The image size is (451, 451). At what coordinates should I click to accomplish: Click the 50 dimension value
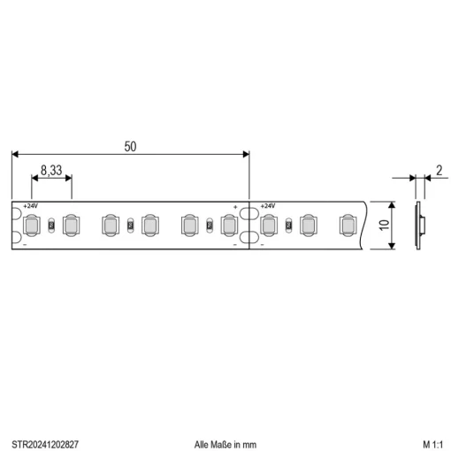tap(130, 147)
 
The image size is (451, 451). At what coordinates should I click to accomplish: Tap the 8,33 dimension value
tap(51, 171)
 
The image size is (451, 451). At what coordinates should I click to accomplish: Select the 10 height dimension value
tap(384, 225)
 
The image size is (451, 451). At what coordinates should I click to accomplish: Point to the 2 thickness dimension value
tap(440, 171)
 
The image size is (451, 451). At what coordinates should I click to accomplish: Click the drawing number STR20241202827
tap(45, 444)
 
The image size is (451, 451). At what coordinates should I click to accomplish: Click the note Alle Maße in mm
tap(225, 445)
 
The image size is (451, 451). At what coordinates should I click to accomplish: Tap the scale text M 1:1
tap(433, 444)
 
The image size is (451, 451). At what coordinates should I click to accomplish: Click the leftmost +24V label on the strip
tap(31, 206)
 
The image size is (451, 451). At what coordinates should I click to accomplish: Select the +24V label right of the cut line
tap(268, 206)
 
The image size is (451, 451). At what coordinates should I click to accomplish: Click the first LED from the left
tap(32, 225)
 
